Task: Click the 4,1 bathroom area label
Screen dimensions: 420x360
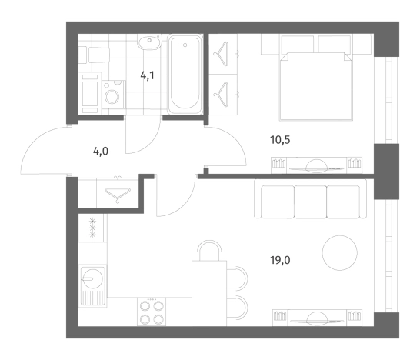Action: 148,76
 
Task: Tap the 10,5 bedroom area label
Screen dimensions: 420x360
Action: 280,140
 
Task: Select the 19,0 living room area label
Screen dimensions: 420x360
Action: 280,260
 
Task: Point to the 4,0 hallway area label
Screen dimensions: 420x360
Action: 101,152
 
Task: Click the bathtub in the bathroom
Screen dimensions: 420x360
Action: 185,74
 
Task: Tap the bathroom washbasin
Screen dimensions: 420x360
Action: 149,42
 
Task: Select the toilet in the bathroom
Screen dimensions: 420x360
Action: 94,55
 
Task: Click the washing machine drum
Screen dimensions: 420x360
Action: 112,97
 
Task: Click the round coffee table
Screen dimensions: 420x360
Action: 340,253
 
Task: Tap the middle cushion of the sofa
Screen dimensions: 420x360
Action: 311,202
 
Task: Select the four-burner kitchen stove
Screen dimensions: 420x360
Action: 152,312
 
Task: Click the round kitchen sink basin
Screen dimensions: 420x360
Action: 92,278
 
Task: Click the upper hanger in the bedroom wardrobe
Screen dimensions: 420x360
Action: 222,54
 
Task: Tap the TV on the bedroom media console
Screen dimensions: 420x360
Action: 316,166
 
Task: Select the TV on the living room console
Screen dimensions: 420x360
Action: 317,318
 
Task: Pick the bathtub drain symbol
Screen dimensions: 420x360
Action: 185,45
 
